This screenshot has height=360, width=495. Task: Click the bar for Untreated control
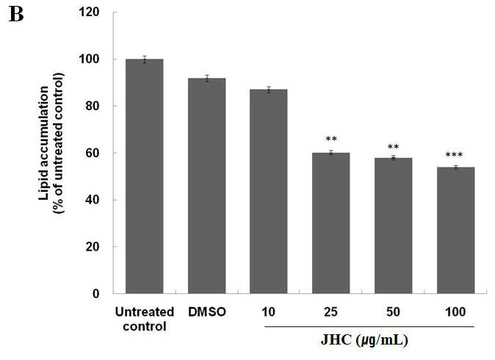click(x=144, y=176)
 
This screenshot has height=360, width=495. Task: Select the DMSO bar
click(x=207, y=186)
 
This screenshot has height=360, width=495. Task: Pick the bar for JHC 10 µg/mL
click(x=269, y=191)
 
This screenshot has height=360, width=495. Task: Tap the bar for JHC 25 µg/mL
click(x=330, y=223)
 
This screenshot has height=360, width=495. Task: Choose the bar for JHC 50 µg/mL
click(x=394, y=226)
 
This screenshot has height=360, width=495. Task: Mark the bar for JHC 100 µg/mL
click(x=456, y=231)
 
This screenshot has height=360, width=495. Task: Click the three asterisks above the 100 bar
click(x=454, y=155)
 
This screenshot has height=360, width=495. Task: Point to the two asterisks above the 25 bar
click(x=331, y=139)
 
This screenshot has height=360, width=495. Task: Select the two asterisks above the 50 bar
click(x=394, y=146)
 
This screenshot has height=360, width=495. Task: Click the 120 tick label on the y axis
click(x=90, y=12)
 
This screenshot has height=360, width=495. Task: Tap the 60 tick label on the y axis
click(x=93, y=153)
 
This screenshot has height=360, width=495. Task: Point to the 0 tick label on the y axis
click(x=96, y=294)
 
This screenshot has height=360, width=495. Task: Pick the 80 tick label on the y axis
click(x=93, y=106)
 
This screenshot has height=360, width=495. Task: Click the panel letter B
click(x=16, y=15)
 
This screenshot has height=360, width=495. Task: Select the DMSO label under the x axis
click(x=207, y=312)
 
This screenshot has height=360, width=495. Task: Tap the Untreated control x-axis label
click(x=145, y=319)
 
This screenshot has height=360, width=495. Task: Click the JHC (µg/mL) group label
click(x=364, y=340)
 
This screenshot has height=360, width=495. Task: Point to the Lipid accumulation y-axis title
click(x=51, y=143)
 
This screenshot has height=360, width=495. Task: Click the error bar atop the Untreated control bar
click(x=145, y=60)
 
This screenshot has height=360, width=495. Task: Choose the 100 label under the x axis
click(x=455, y=312)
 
